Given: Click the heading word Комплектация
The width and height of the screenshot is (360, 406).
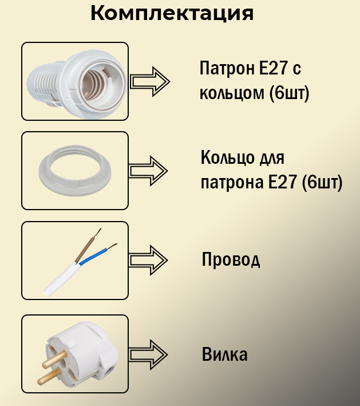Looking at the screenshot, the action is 172,13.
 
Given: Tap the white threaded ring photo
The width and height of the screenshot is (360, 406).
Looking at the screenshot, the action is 74,171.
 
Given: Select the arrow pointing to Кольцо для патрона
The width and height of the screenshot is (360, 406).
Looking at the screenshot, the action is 148,171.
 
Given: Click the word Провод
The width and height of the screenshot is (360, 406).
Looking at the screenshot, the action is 231,260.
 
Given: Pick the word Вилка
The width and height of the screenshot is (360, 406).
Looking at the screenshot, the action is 225,354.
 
